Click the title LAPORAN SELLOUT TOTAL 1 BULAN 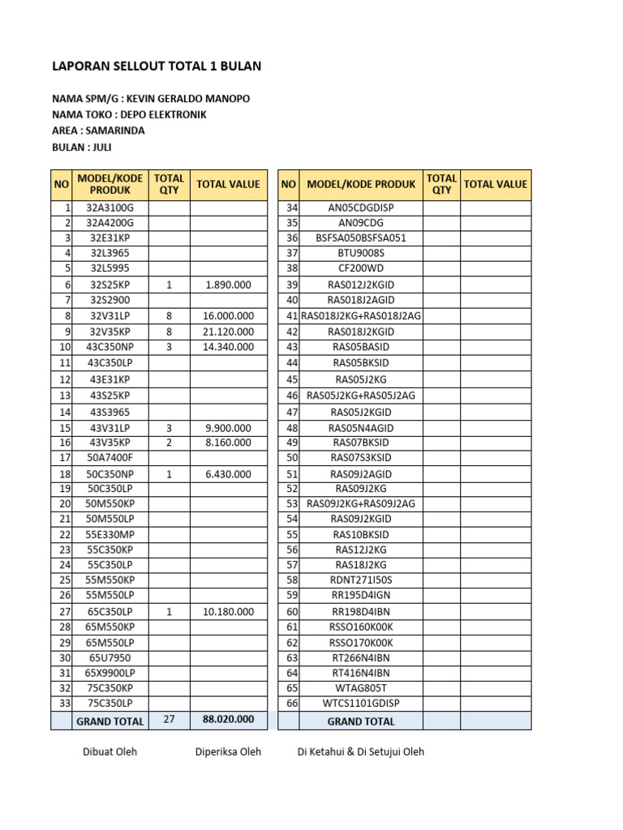[x=156, y=66]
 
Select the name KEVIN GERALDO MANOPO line [x=150, y=99]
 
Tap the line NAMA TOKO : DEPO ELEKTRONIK [x=129, y=115]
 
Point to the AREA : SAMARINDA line [x=98, y=130]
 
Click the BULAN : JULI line [x=82, y=147]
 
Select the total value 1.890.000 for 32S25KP [x=228, y=285]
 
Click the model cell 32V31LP [x=110, y=316]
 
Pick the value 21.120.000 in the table [x=228, y=332]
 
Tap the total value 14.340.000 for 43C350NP [x=228, y=347]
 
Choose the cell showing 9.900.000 [x=228, y=428]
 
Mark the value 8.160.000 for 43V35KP [x=228, y=443]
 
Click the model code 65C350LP [x=110, y=612]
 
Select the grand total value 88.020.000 [x=228, y=719]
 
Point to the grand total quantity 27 [x=169, y=719]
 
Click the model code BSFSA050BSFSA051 [x=361, y=238]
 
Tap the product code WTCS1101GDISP [x=361, y=703]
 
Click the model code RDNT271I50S [x=361, y=580]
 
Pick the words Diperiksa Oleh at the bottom [x=228, y=752]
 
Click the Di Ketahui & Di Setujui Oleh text [x=360, y=752]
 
